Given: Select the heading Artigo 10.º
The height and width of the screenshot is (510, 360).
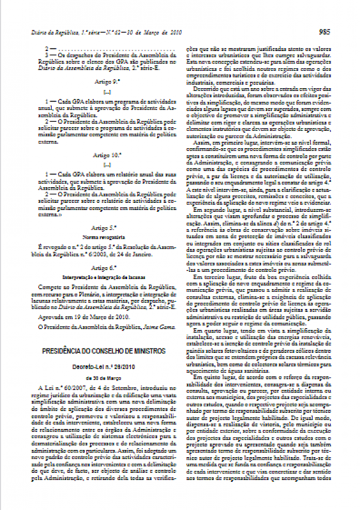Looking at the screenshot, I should [107, 155].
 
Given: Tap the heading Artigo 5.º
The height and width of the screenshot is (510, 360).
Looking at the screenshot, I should [107, 228].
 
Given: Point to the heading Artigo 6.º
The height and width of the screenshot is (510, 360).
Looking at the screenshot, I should [107, 268].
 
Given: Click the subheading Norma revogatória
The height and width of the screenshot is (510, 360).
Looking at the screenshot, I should [107, 237].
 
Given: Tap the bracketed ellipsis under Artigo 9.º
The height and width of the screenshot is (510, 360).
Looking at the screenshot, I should [107, 91].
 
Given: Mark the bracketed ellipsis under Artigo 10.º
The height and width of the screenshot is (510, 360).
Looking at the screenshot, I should [107, 164].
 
